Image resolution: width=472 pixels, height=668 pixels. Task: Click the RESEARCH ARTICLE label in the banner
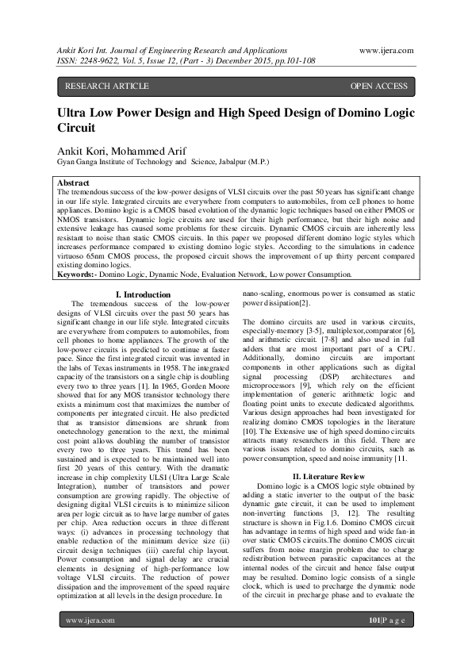pos(106,86)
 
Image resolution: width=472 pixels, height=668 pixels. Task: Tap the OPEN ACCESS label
pos(378,86)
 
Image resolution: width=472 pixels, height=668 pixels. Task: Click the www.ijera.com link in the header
pos(386,50)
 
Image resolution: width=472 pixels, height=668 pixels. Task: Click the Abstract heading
pos(74,182)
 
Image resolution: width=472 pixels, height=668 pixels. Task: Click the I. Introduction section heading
pos(143,295)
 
